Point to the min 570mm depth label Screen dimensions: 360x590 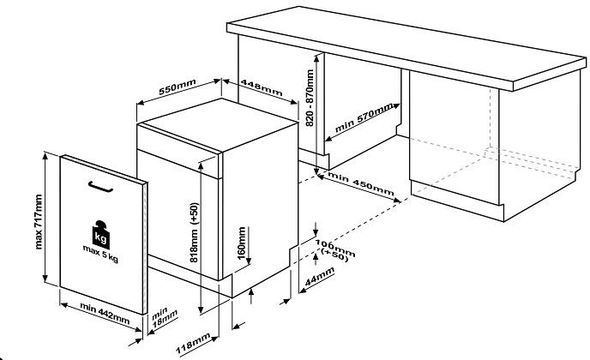[x=365, y=117]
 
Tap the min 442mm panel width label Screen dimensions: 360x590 [x=99, y=311]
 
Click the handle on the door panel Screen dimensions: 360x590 [x=99, y=185]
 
